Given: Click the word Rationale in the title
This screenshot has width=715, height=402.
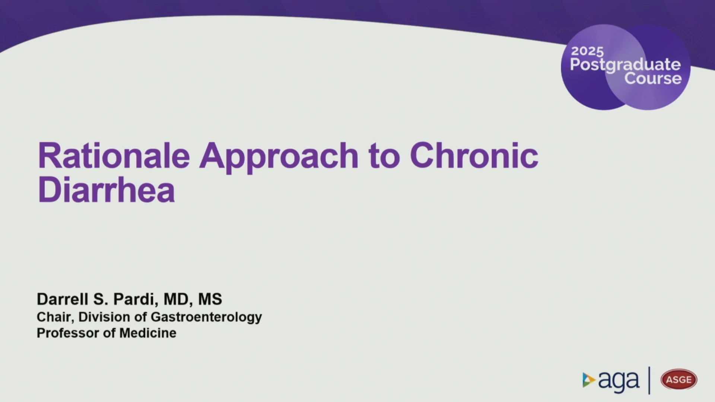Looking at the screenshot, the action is pos(114,156).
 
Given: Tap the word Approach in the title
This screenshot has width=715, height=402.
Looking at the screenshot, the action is pos(279,158).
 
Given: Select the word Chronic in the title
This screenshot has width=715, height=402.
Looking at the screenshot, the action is pos(474,155).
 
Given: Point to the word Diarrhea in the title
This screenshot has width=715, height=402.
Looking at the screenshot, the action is pos(107,190).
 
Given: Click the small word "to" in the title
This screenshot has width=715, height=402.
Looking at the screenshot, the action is pos(384,156).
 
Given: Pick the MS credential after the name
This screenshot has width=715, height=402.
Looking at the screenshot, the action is pos(210,299).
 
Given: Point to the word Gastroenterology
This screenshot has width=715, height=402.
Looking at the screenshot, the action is pos(206,318).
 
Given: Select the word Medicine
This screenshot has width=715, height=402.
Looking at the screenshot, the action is pos(148,333).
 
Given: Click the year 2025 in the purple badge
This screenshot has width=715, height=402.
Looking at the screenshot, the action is pos(587,51).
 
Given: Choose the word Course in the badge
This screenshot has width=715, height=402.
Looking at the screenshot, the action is pos(653,79).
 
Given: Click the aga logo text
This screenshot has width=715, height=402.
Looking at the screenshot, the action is pos(619,381).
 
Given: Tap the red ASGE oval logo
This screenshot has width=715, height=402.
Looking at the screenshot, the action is pos(679,379).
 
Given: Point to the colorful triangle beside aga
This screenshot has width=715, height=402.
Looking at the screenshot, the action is pos(588,380).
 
